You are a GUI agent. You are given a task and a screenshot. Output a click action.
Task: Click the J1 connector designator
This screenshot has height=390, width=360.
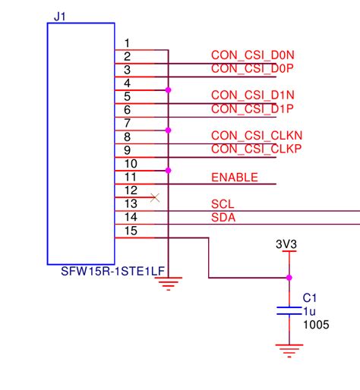coord(60,14)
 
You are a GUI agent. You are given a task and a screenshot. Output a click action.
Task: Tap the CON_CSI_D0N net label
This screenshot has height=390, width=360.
coord(251,55)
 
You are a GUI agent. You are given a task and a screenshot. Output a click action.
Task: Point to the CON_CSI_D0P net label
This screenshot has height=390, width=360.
coord(251,69)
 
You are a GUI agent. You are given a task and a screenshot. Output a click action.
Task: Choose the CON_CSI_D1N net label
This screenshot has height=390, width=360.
coord(251,96)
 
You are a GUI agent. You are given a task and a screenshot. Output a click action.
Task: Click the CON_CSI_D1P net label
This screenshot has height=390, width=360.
coord(251,109)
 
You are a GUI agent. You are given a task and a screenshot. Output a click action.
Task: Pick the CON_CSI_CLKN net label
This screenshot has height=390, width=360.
coord(257,136)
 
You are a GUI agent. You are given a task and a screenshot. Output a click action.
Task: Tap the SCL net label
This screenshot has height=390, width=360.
coord(223,204)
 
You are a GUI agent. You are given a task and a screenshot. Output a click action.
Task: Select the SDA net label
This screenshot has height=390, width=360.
coord(223,218)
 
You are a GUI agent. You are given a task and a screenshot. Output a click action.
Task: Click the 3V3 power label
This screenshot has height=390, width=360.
coord(288,244)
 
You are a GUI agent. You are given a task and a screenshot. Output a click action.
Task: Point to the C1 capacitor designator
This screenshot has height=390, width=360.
coord(309,297)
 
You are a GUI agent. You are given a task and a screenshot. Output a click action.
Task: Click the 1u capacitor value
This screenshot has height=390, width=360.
coord(308,311)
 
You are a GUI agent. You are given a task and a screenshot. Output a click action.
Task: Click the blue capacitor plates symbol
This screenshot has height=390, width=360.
coord(289,310)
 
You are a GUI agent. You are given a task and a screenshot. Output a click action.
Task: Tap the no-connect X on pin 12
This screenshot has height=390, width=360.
coord(155,197)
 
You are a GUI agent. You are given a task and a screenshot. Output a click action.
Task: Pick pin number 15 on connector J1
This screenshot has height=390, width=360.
coord(130,231)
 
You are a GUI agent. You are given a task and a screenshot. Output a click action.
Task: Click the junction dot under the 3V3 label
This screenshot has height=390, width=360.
coord(289,278)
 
